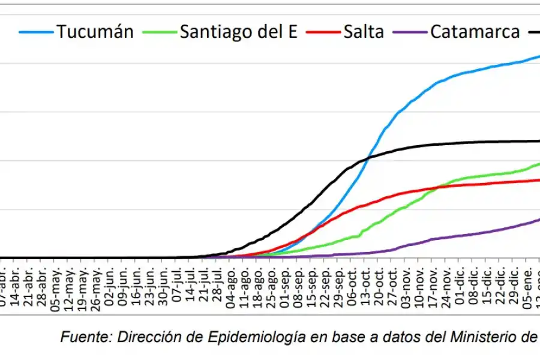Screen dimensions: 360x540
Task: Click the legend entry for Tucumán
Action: pos(95,31)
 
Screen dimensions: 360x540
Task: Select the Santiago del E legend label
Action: pos(238,31)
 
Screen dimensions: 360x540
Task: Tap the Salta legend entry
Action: pos(364,31)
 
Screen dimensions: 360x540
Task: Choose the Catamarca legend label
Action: pos(475,31)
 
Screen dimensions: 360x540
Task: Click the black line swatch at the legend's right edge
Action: pos(533,32)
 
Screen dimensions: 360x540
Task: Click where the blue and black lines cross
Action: pos(367,157)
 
